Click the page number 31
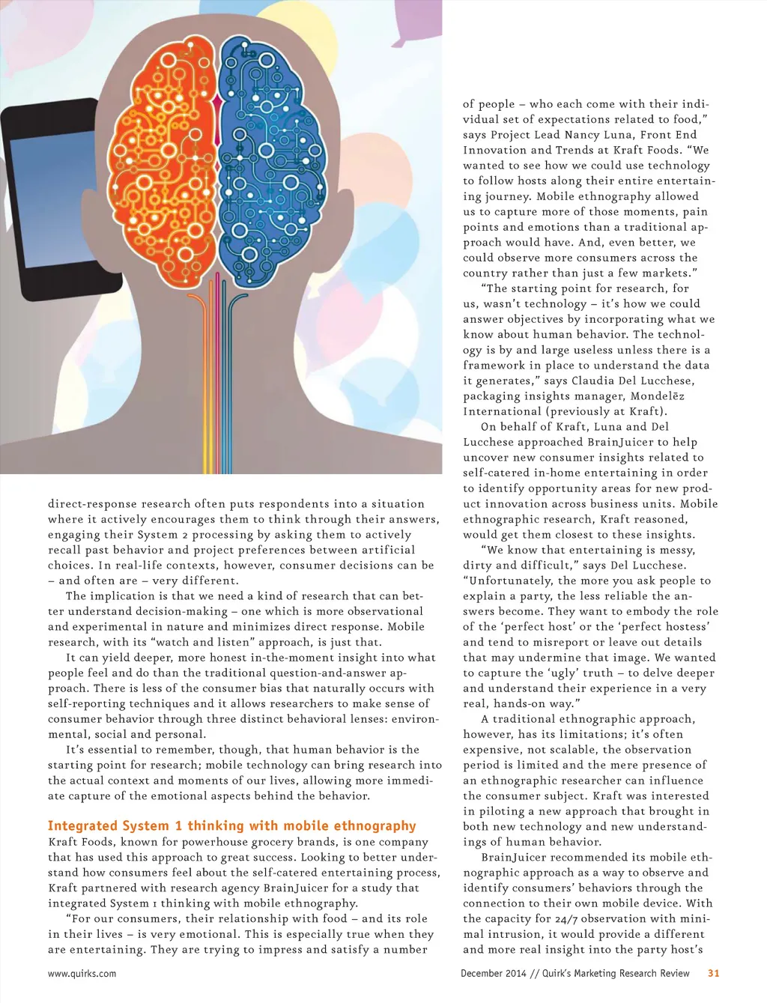point(713,973)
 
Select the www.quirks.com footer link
point(82,974)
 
